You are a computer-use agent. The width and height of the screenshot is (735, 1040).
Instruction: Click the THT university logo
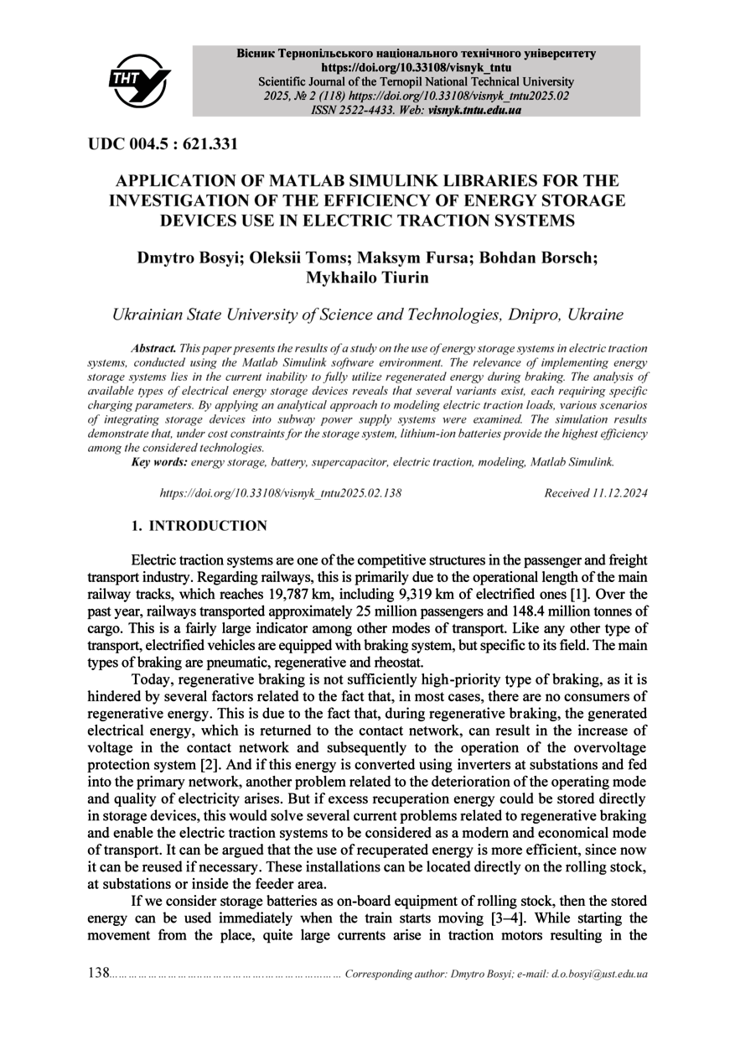click(139, 81)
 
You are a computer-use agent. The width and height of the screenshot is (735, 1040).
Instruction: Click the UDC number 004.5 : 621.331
click(163, 144)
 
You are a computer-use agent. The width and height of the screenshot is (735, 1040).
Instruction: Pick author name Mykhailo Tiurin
click(367, 278)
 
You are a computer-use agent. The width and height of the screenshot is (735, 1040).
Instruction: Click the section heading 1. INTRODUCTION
click(199, 527)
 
